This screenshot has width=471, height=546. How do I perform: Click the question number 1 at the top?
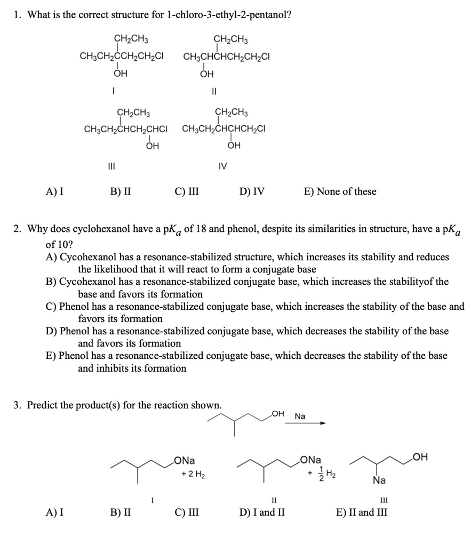[x=17, y=14]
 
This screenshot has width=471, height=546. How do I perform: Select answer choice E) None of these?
[x=339, y=191]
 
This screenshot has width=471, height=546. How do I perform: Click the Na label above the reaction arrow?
[x=300, y=416]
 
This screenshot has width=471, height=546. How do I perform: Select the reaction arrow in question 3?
[x=305, y=424]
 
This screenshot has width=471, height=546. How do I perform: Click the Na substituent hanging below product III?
[x=379, y=480]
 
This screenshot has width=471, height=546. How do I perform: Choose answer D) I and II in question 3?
[x=261, y=513]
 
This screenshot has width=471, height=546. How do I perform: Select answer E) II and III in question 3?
[x=361, y=513]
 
